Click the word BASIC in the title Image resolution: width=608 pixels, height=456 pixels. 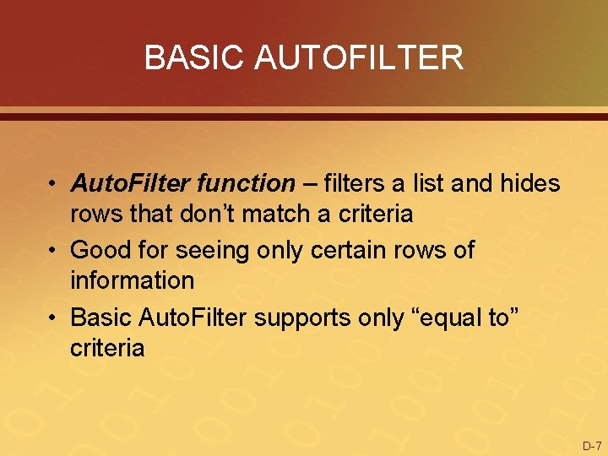pos(195,57)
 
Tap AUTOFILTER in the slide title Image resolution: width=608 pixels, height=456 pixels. pos(358,57)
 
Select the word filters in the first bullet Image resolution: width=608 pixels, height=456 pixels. pos(355,182)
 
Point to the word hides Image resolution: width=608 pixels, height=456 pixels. pos(529,182)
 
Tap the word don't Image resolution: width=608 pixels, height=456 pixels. pos(207,214)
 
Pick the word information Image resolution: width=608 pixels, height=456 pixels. pos(132,280)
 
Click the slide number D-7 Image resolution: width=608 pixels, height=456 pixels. pos(592,445)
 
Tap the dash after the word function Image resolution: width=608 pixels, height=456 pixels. pos(309,182)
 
